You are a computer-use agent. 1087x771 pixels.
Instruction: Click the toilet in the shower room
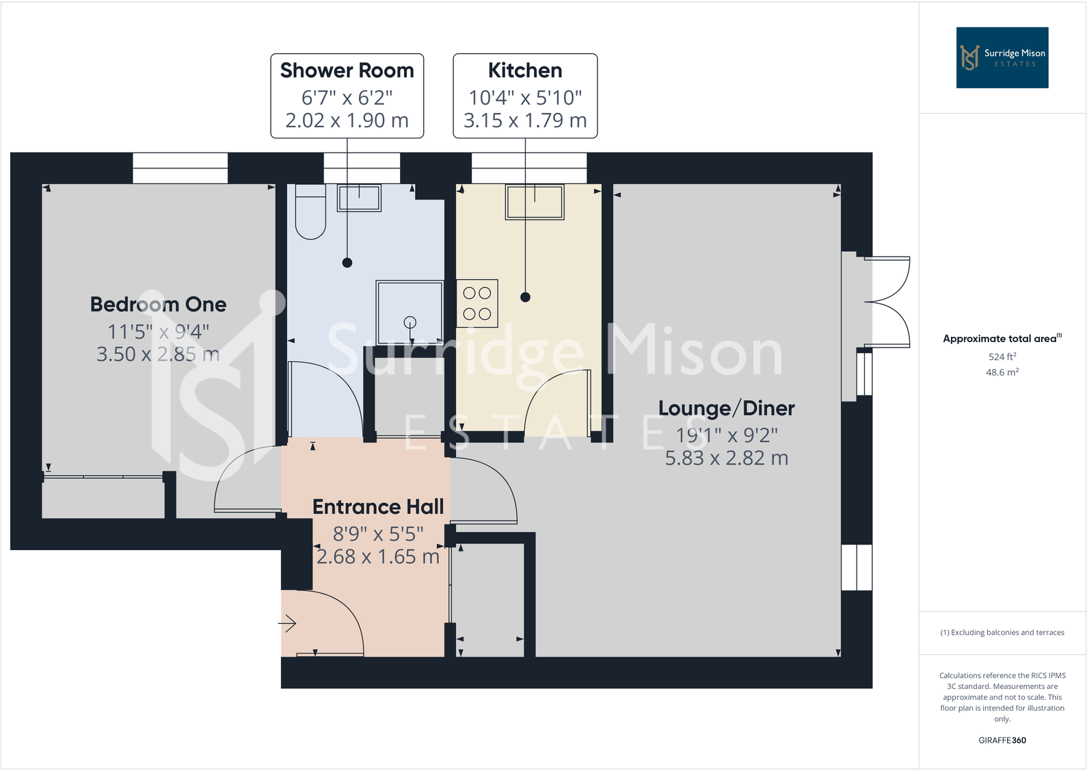tap(310, 212)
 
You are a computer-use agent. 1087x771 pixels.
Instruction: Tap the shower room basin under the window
tap(359, 198)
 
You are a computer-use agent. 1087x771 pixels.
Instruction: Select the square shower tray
tap(410, 312)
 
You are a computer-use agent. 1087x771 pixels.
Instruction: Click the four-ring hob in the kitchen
tap(477, 304)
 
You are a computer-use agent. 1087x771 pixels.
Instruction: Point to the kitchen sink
tap(535, 202)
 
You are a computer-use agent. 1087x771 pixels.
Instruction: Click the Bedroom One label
tap(158, 304)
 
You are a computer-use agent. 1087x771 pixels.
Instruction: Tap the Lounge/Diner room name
tap(726, 408)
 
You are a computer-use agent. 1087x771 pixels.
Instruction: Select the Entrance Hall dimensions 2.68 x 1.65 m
tap(377, 557)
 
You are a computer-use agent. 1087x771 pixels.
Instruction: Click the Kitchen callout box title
tap(525, 70)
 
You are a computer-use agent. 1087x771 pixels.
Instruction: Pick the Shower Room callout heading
tap(347, 70)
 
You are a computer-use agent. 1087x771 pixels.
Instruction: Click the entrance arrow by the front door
tap(287, 623)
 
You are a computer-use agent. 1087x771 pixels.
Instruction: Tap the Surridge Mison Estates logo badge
tap(1002, 57)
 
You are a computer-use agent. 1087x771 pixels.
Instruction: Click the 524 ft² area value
tap(1002, 356)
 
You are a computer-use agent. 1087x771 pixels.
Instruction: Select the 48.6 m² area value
tap(1002, 372)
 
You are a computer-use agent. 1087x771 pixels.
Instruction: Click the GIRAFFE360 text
tap(1002, 740)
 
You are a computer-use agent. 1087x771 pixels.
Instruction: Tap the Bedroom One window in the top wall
tap(180, 168)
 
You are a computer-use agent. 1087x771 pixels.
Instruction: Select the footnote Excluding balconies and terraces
tap(1002, 633)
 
